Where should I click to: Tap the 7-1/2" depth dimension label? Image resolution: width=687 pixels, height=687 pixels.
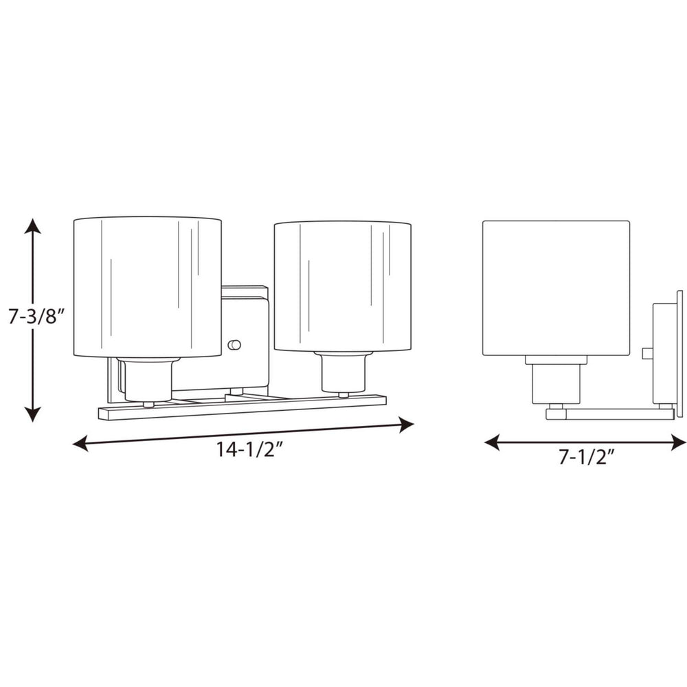(586, 457)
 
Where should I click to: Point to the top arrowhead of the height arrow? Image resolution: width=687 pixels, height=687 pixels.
(32, 225)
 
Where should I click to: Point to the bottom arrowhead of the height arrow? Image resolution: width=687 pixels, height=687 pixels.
(32, 414)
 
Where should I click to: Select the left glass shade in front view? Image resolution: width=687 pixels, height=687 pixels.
(147, 287)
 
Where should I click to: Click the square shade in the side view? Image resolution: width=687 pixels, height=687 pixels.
(556, 287)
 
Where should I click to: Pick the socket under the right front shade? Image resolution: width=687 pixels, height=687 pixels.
(342, 373)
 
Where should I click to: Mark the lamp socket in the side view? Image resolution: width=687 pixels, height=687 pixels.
(556, 382)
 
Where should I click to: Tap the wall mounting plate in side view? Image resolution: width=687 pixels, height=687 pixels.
(679, 354)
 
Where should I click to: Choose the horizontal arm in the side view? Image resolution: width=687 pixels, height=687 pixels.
(610, 414)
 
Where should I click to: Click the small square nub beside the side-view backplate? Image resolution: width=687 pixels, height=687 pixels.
(646, 353)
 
